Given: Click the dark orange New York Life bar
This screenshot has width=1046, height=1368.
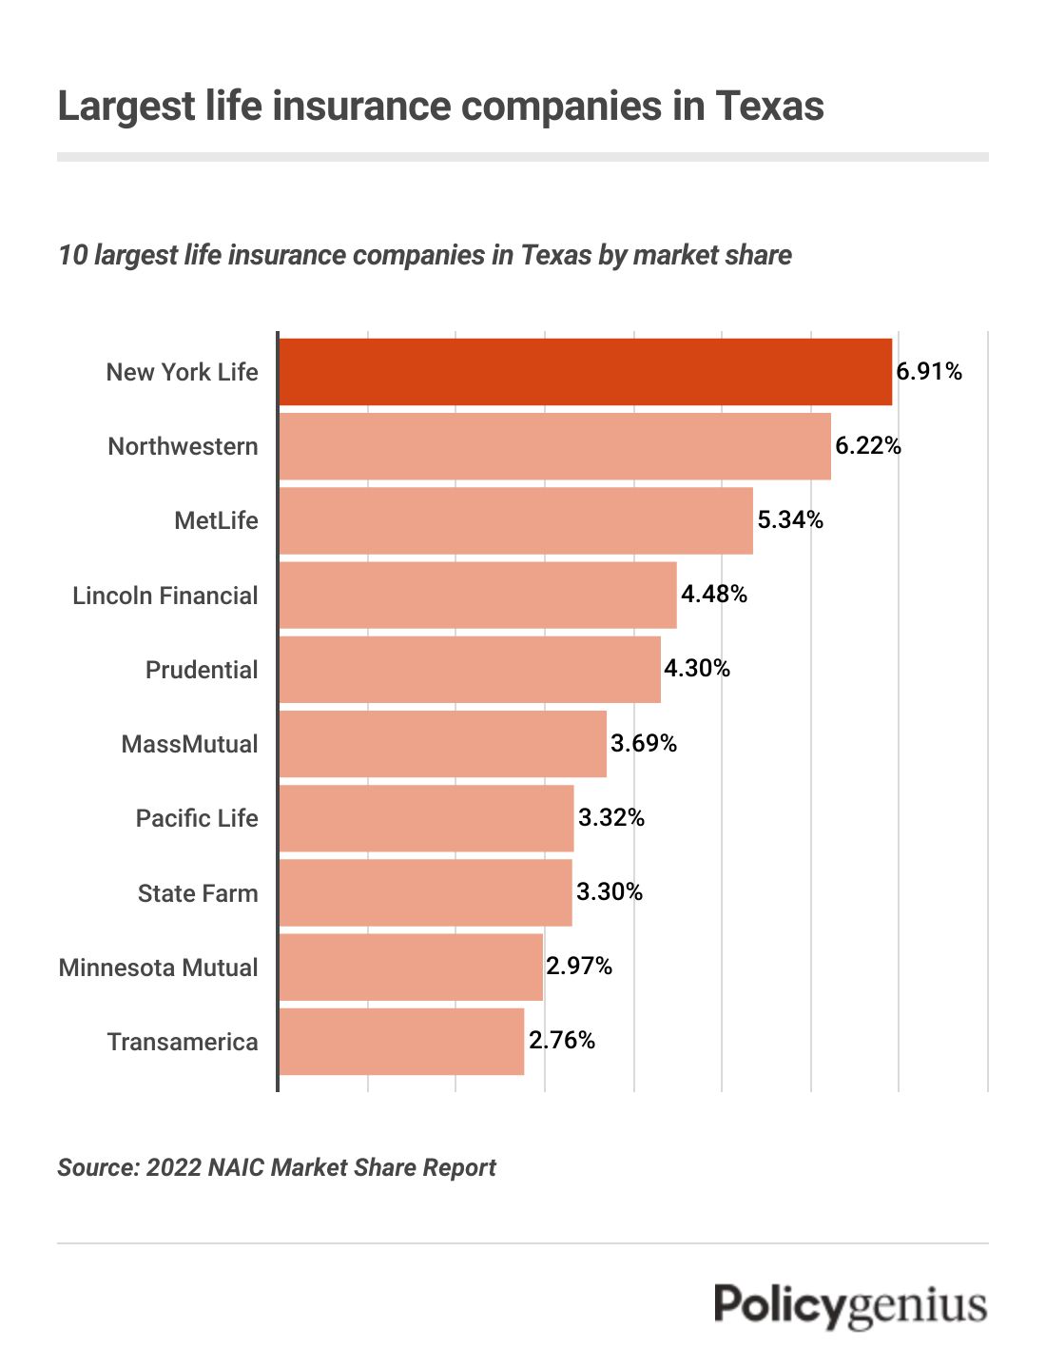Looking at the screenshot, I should (x=585, y=372).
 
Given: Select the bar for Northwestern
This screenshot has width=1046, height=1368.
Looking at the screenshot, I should (x=554, y=446).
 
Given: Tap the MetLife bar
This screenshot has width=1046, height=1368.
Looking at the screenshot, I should (x=515, y=520).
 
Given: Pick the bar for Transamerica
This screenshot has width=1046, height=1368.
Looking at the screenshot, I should (x=401, y=1042).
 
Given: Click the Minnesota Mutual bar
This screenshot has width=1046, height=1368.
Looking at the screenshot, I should (x=411, y=967).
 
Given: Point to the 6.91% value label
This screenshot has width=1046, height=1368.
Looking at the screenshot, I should (x=929, y=372).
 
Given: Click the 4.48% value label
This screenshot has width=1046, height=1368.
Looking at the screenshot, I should (x=714, y=595).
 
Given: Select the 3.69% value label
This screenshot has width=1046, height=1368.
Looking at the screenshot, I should (x=644, y=743).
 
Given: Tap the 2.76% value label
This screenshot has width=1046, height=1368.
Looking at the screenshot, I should (x=562, y=1041).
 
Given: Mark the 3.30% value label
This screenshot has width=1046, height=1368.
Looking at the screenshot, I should (x=610, y=892).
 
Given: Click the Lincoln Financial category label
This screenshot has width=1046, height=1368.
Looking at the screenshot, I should (x=165, y=596).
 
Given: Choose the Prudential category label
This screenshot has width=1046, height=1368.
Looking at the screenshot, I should (x=202, y=670).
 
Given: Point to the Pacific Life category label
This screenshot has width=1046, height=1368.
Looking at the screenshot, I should (x=197, y=818).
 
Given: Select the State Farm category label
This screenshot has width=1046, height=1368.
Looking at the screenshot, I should (x=198, y=893).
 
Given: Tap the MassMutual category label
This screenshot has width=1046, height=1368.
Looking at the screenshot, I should (x=189, y=744).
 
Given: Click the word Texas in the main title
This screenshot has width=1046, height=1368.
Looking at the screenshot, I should (x=769, y=106).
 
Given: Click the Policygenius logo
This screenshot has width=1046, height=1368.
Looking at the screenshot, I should (x=851, y=1305).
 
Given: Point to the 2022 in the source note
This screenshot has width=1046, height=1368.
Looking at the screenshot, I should (x=174, y=1168).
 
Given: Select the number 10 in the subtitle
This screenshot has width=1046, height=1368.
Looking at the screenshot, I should (x=72, y=256).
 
